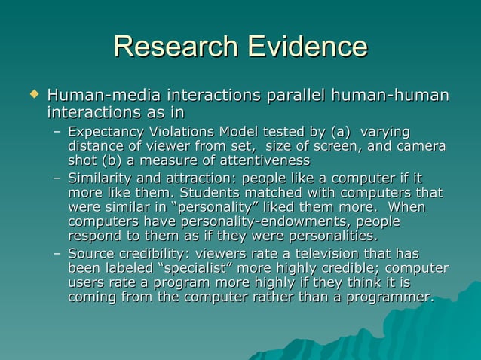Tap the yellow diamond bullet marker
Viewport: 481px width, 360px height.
point(32,96)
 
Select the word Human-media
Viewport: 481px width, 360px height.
point(94,96)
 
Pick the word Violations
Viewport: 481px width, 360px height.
point(182,133)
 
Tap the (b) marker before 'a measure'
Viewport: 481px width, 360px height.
point(115,160)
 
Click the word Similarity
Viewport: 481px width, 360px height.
point(97,179)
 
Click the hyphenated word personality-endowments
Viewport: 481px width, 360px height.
point(251,221)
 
